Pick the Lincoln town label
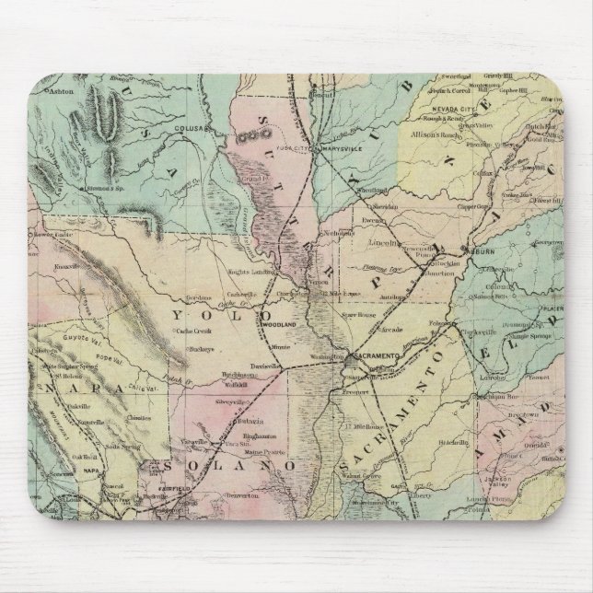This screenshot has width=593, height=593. (382, 242)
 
